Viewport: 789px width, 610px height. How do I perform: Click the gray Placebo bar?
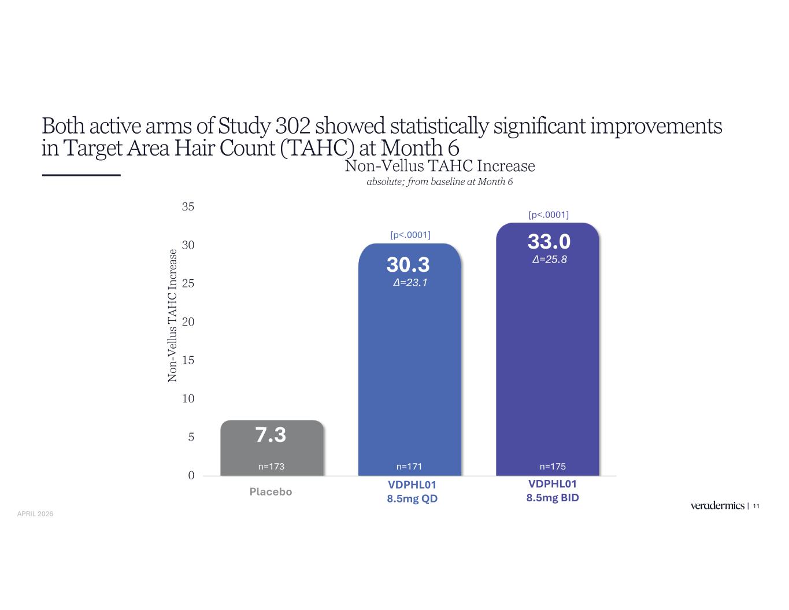coord(272,449)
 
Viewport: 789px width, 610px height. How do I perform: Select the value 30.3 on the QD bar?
coord(408,265)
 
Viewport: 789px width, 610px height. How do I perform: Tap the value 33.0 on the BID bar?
coord(549,242)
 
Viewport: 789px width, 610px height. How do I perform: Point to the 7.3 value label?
coord(271,435)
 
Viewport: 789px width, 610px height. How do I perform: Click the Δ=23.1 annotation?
coord(410,283)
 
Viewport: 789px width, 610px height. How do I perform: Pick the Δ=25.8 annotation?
coord(549,260)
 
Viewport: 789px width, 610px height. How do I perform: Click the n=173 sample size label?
coord(271,466)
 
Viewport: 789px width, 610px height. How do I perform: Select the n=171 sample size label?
coord(409,466)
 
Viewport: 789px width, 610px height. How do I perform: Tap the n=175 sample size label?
coord(553,466)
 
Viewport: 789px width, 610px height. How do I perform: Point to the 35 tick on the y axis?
coord(188,207)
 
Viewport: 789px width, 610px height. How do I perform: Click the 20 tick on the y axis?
coord(188,322)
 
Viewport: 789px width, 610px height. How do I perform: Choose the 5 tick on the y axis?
coord(191,437)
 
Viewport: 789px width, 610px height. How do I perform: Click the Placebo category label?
coord(271,492)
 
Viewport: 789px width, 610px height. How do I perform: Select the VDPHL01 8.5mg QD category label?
coord(412,491)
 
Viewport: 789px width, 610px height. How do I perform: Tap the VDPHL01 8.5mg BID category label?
coord(553,491)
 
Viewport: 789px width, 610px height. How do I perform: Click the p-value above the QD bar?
coord(410,235)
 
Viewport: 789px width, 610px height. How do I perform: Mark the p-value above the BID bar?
coord(549,215)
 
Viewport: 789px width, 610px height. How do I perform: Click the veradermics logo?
coord(717,506)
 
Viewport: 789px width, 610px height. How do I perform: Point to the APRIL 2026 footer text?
coord(35,513)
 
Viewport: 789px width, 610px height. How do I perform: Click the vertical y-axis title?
coord(172,316)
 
